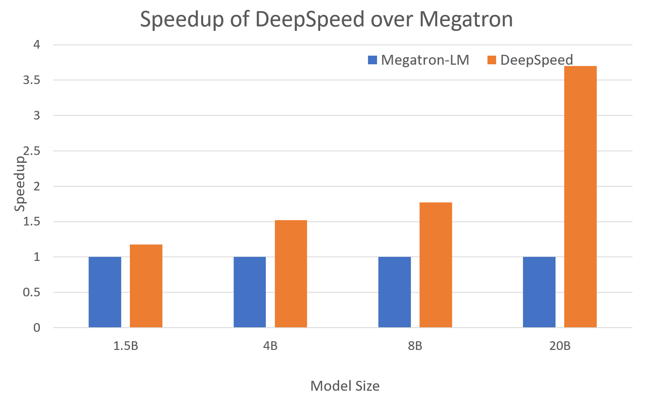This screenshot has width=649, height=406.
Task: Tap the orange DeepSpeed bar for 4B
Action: click(x=291, y=274)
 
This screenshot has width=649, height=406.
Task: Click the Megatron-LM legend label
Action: click(x=425, y=60)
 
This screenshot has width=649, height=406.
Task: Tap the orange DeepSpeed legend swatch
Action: click(x=492, y=60)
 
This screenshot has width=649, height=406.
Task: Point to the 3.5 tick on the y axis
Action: click(x=32, y=80)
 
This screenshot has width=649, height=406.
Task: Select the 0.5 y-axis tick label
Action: click(x=32, y=292)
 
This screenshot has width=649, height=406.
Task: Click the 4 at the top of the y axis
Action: click(x=37, y=45)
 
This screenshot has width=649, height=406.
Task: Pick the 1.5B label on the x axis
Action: click(x=126, y=346)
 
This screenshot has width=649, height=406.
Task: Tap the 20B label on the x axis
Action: click(x=560, y=346)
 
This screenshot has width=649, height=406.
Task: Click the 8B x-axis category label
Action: click(x=415, y=346)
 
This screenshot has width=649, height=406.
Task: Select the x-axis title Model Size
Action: click(x=345, y=386)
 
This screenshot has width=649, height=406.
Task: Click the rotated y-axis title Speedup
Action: click(x=20, y=184)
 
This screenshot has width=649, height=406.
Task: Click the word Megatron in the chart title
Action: click(x=466, y=19)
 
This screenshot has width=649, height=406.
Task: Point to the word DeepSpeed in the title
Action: click(x=310, y=19)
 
